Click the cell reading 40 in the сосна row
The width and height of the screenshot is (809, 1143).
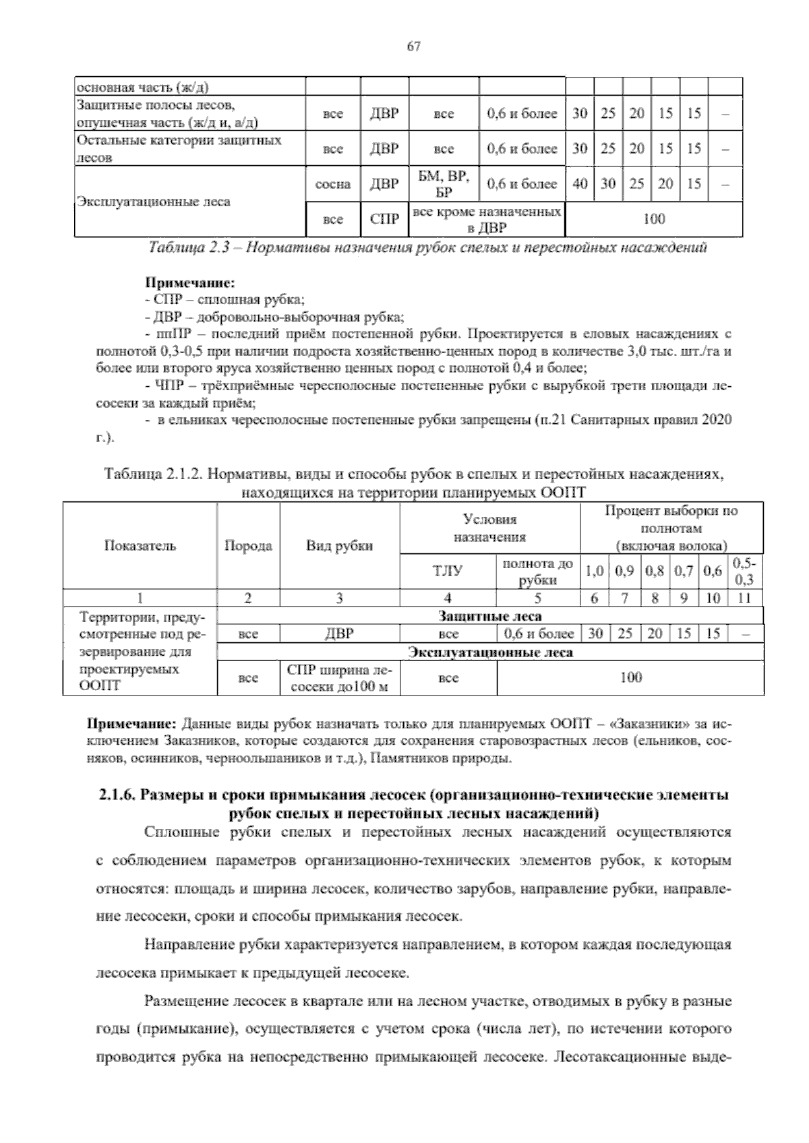[579, 184]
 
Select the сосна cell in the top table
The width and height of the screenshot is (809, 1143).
[332, 184]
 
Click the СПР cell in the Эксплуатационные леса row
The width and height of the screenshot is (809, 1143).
[384, 220]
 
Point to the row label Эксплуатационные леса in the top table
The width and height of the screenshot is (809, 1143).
[154, 202]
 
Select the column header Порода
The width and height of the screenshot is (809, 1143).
[248, 546]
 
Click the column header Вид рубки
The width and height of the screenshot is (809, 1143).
[339, 546]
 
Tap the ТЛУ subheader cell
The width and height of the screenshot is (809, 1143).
[448, 572]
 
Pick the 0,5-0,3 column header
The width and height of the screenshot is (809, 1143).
[744, 572]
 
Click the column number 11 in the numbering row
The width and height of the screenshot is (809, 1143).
[744, 598]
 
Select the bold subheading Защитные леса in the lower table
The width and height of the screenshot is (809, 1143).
[489, 616]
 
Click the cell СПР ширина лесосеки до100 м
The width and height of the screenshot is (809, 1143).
[339, 678]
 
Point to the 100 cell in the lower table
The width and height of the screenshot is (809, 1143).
[630, 678]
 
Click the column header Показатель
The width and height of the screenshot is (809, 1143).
[140, 546]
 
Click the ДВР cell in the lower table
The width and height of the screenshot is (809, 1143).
[339, 634]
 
